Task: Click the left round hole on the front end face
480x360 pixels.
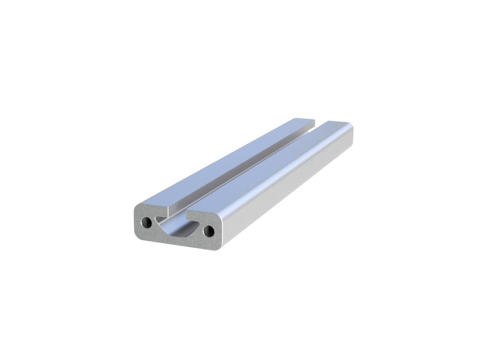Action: (147, 223)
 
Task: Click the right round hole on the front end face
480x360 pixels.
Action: (208, 230)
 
